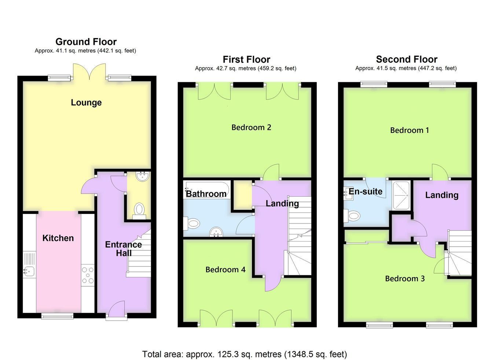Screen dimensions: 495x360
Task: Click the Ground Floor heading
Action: (86, 41)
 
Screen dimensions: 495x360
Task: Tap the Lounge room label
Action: (86, 103)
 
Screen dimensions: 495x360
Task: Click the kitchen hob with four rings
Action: (88, 275)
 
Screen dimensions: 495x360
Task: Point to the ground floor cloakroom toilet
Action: (139, 211)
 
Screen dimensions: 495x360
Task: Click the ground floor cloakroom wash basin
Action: (143, 177)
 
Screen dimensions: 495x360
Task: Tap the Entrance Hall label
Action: (124, 249)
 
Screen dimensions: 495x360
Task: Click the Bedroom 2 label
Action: (251, 127)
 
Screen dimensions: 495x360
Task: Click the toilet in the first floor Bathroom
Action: (192, 223)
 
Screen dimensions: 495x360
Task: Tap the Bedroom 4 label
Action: (225, 270)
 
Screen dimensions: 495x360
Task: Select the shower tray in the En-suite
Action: (401, 196)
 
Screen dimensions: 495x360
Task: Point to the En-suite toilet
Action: (352, 215)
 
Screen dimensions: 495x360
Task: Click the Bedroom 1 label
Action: (410, 130)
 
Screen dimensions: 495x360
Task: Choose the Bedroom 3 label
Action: (405, 279)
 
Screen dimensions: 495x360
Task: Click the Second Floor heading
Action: (407, 59)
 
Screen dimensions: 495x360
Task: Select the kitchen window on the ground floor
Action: (57, 316)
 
